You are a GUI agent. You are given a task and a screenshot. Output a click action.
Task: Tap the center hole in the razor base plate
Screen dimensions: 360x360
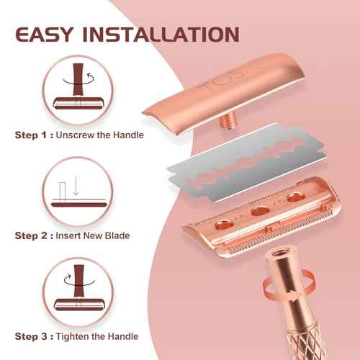point(255,212)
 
